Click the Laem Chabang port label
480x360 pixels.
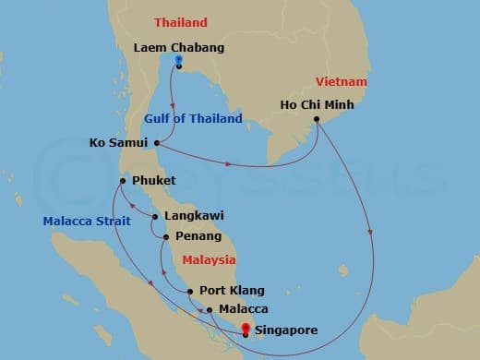click(x=178, y=47)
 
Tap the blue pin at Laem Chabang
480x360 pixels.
click(x=178, y=61)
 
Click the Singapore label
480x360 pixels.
click(x=286, y=330)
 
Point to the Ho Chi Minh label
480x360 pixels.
click(x=317, y=104)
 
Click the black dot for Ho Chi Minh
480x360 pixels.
click(x=317, y=119)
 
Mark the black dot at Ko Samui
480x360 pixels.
click(x=158, y=143)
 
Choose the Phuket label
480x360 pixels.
click(x=154, y=180)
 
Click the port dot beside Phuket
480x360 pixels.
click(x=122, y=180)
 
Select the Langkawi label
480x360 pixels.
click(x=193, y=216)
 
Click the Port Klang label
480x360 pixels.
click(x=227, y=292)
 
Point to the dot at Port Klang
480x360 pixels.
click(x=189, y=292)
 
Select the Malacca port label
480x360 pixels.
click(x=244, y=309)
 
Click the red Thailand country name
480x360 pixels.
click(x=181, y=22)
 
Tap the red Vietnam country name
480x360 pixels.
click(x=342, y=82)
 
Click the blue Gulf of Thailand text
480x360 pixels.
click(x=193, y=118)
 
